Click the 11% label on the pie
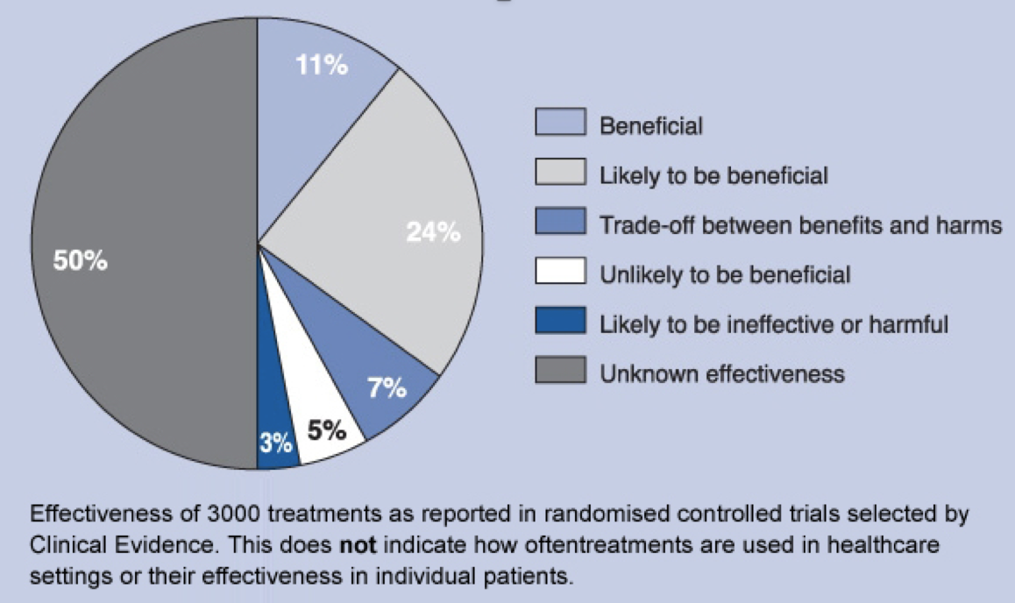(x=322, y=67)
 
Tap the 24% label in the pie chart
(x=433, y=232)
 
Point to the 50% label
(x=81, y=261)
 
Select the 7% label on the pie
(x=387, y=388)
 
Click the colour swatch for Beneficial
(x=560, y=124)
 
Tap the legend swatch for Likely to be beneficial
(x=560, y=174)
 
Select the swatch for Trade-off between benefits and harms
(x=560, y=224)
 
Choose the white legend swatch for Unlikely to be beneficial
(x=560, y=274)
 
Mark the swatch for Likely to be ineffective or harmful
(x=560, y=324)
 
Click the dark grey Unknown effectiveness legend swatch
(x=560, y=374)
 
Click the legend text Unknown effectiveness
(x=721, y=374)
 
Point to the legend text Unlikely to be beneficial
(x=725, y=274)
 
